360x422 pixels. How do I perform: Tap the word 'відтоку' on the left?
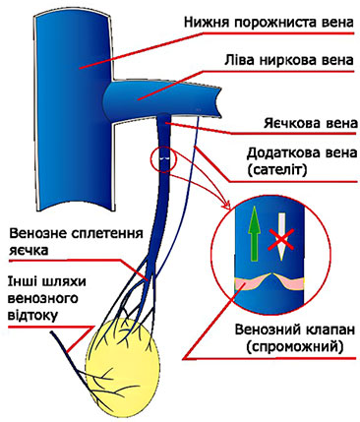coord(37,315)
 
